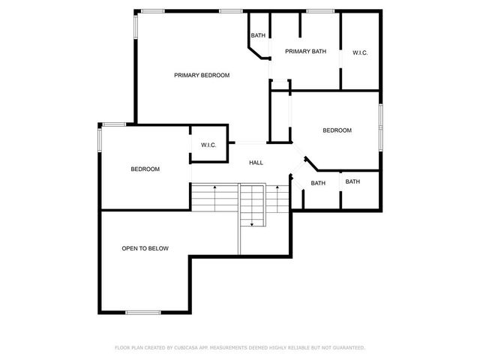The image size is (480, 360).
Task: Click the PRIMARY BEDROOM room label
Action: click(x=202, y=75)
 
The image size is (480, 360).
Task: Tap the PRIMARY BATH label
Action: click(x=305, y=51)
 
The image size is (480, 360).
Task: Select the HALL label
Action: click(x=256, y=162)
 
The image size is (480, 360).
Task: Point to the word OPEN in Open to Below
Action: click(x=131, y=248)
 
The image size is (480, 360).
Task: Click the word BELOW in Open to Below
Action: click(x=158, y=248)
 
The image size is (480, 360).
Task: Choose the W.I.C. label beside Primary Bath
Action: click(x=360, y=52)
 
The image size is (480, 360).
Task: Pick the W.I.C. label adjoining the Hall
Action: click(x=208, y=145)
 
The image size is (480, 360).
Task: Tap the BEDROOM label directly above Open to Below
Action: click(x=145, y=169)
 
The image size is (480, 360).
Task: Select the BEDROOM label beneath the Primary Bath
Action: click(x=337, y=130)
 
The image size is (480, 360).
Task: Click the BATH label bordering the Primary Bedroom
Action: click(x=258, y=35)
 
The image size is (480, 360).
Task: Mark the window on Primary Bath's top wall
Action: click(x=320, y=10)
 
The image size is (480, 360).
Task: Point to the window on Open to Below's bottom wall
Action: click(x=142, y=312)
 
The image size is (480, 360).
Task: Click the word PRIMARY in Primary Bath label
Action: click(x=298, y=51)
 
